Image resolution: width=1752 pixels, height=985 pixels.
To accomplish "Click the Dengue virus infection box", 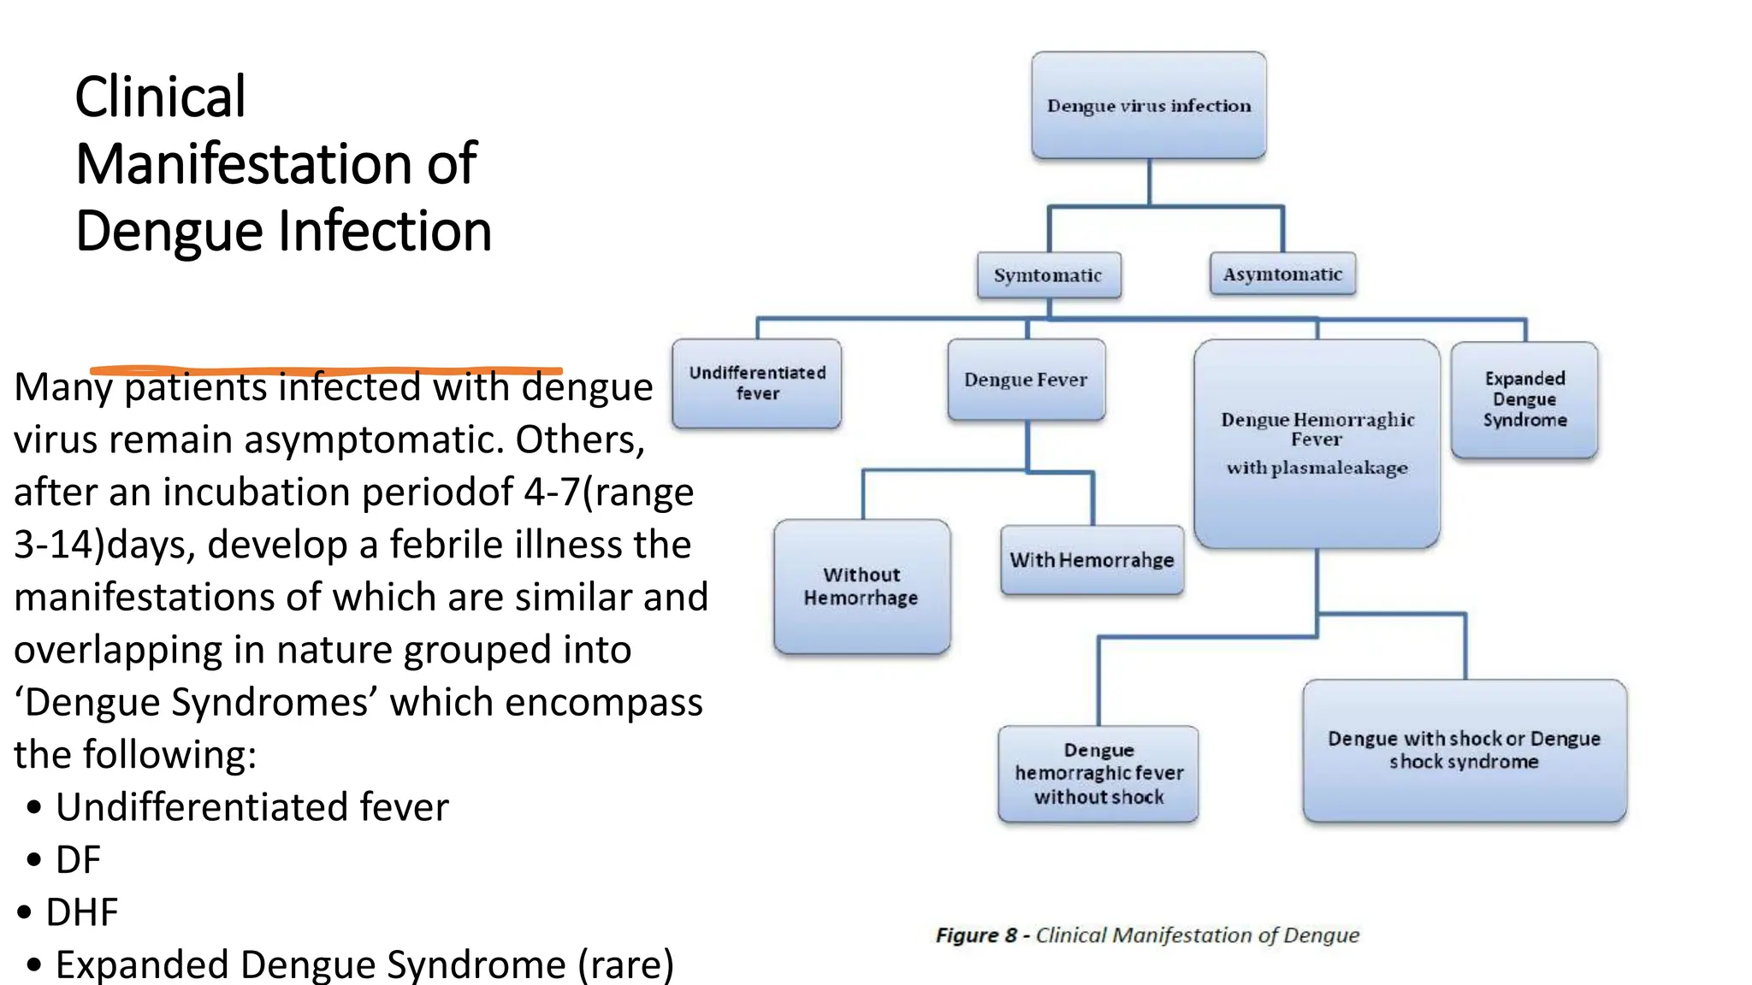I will coord(1148,105).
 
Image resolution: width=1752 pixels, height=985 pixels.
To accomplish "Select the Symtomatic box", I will coord(1048,275).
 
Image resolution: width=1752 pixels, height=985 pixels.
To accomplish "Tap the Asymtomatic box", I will coord(1281,274).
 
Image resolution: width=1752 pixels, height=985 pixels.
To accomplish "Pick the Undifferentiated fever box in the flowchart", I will coord(757,383).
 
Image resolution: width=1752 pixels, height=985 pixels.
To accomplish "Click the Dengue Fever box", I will coord(1026,380).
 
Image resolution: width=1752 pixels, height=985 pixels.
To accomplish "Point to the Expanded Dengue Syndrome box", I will coord(1524,399).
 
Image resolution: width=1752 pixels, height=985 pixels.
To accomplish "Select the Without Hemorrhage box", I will coord(861,587).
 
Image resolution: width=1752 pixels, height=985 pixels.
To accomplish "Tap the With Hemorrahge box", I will coord(1092,560).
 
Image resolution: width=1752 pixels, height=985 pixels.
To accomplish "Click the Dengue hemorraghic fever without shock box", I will coord(1098,774).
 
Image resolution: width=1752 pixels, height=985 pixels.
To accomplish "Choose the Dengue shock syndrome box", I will coord(1464,750).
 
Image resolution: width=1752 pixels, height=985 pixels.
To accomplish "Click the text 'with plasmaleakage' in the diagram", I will coord(1317,469).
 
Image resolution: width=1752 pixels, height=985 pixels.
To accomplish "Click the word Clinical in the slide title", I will coord(160,97).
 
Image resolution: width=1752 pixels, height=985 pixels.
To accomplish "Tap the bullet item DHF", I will coord(81,912).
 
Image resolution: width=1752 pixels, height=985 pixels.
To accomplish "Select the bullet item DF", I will coord(78,859).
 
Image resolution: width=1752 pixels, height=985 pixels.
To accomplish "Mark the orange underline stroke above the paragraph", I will coord(325,370).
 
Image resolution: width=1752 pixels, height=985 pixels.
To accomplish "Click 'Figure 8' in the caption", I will coord(975,935).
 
